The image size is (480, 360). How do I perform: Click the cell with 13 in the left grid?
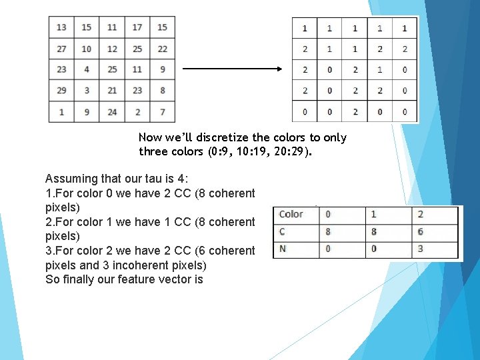pyautogui.click(x=61, y=27)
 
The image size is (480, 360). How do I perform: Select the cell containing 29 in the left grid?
pyautogui.click(x=61, y=90)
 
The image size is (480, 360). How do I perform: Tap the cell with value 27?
pyautogui.click(x=61, y=49)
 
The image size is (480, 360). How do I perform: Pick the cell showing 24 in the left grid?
pyautogui.click(x=112, y=111)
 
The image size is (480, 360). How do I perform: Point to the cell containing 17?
pyautogui.click(x=137, y=27)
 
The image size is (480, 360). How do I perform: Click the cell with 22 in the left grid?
pyautogui.click(x=162, y=49)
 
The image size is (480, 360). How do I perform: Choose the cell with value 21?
pyautogui.click(x=112, y=90)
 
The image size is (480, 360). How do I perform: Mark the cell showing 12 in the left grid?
pyautogui.click(x=112, y=49)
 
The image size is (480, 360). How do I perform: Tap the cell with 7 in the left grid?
pyautogui.click(x=162, y=111)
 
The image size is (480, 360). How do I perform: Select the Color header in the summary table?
pyautogui.click(x=291, y=214)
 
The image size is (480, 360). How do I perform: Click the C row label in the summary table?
pyautogui.click(x=283, y=231)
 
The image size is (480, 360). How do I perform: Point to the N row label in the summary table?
pyautogui.click(x=283, y=249)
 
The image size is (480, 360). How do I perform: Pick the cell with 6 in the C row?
pyautogui.click(x=420, y=231)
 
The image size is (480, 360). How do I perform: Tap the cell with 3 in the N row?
pyautogui.click(x=420, y=249)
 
